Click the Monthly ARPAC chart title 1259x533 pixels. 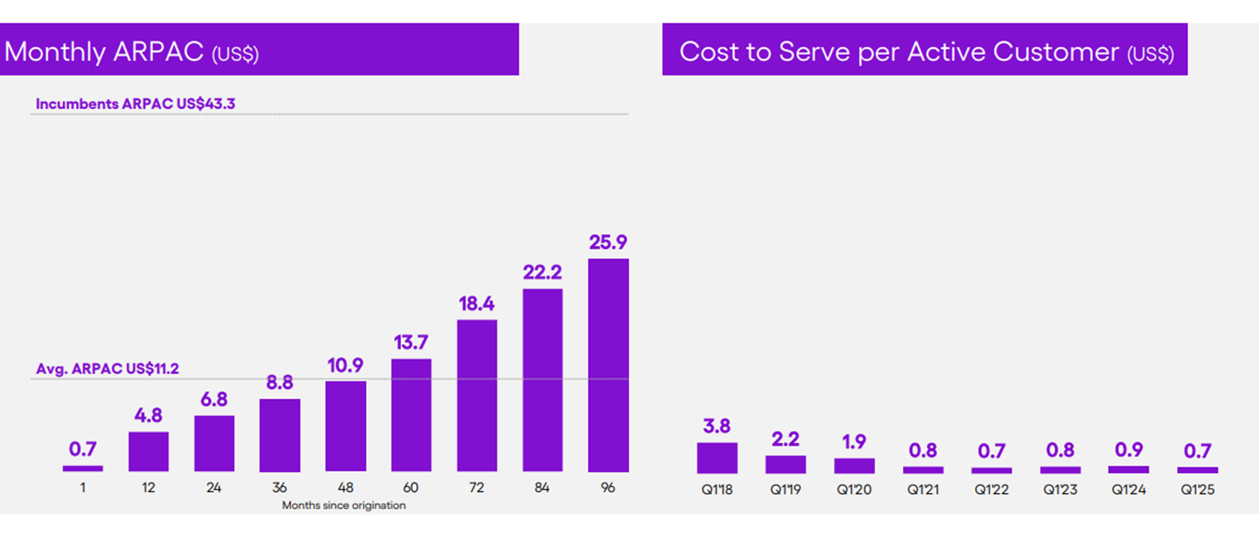[131, 52]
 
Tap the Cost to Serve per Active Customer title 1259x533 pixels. [926, 52]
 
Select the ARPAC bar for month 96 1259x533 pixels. [608, 365]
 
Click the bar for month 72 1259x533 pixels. [477, 395]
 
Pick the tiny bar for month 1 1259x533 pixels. [82, 468]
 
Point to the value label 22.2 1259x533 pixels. [542, 272]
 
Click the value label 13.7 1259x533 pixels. [410, 343]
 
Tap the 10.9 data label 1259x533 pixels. [345, 365]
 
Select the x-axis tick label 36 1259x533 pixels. [279, 488]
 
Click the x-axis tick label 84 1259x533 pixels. [542, 488]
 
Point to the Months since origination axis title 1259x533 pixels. [343, 505]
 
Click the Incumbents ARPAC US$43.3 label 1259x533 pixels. [135, 104]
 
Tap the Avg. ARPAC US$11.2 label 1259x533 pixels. [107, 369]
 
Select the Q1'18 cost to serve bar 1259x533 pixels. [717, 458]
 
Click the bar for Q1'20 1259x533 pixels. [854, 465]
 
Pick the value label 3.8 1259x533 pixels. [717, 426]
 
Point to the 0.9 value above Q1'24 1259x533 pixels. [1128, 450]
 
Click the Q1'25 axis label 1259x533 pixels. [1198, 490]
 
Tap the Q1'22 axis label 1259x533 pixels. [992, 490]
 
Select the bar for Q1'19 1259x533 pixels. [785, 464]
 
